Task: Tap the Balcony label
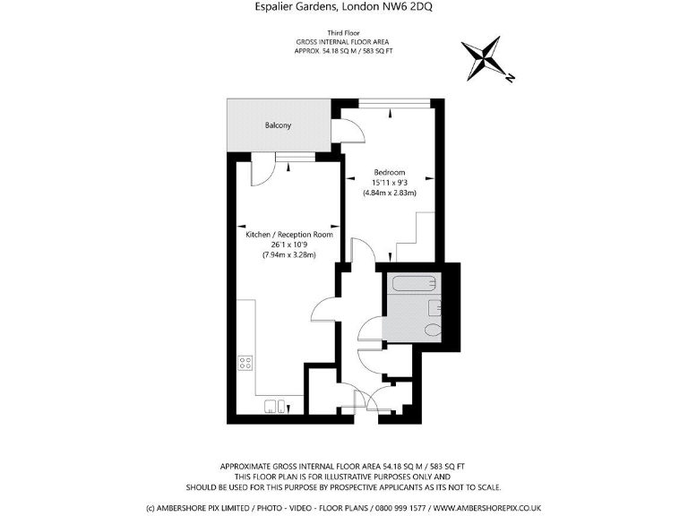pyautogui.click(x=278, y=125)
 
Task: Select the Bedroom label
pyautogui.click(x=390, y=173)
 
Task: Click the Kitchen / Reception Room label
pyautogui.click(x=289, y=235)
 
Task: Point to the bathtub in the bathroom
pyautogui.click(x=414, y=287)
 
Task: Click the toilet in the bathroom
pyautogui.click(x=434, y=330)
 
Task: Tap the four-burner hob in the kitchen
pyautogui.click(x=245, y=363)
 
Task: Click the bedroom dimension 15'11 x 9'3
pyautogui.click(x=390, y=183)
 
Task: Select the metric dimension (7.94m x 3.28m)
pyautogui.click(x=289, y=255)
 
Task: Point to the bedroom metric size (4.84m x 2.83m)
pyautogui.click(x=390, y=193)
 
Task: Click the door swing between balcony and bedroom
pyautogui.click(x=349, y=132)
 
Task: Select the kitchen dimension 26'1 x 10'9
pyautogui.click(x=289, y=245)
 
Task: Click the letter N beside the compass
pyautogui.click(x=509, y=79)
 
